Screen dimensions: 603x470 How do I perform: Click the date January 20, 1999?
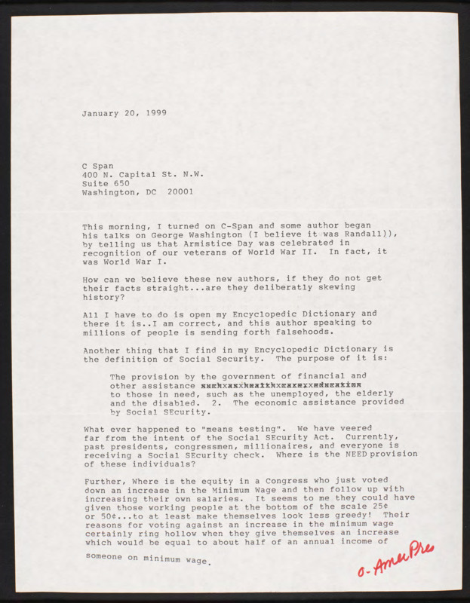pos(124,113)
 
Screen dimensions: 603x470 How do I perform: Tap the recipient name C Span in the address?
pos(98,164)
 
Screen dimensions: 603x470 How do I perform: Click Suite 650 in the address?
pos(106,182)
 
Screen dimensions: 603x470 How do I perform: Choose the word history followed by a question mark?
pos(102,297)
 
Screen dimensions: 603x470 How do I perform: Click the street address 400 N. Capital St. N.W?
pos(143,173)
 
